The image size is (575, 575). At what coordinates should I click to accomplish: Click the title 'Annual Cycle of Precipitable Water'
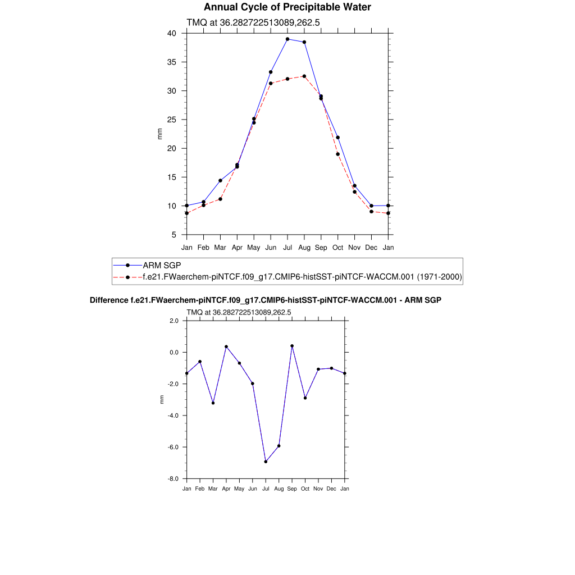287,7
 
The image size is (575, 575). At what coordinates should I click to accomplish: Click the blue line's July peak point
287,39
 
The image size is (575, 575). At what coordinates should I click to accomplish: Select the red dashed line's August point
304,76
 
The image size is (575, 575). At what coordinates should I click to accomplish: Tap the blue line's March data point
220,181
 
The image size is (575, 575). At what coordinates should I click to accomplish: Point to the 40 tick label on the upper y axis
172,33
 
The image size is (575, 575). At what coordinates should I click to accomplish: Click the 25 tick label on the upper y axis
172,120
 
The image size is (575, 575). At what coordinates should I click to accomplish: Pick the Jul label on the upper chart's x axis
287,247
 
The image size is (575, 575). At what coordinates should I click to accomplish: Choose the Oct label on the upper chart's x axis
337,247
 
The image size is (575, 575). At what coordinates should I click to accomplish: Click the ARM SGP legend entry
162,265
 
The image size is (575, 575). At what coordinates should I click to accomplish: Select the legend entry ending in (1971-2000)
302,277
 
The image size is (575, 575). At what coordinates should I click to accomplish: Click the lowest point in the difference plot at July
266,462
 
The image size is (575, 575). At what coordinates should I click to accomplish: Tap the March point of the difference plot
213,403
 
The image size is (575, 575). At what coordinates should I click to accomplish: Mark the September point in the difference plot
292,346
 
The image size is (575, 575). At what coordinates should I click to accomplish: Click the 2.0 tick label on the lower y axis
174,321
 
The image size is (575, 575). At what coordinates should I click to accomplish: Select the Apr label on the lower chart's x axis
226,489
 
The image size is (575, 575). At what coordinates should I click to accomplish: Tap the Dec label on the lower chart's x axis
331,489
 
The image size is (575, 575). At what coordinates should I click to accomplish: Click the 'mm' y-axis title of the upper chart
159,134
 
